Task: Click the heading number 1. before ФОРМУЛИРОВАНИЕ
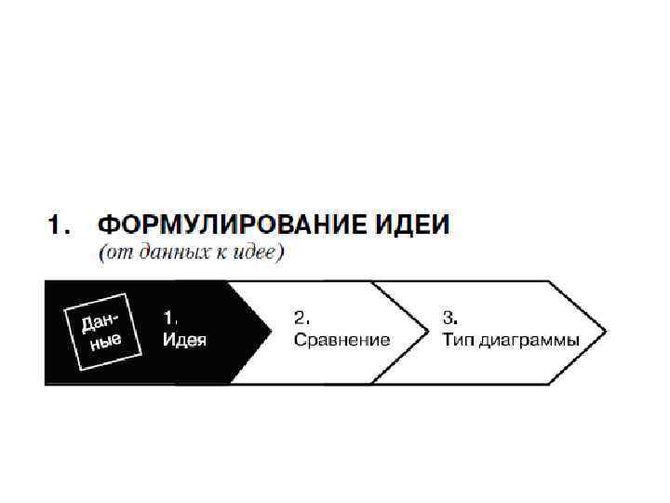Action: point(59,224)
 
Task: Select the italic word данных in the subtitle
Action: point(165,252)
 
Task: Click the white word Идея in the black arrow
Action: point(184,340)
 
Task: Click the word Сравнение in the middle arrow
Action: point(342,340)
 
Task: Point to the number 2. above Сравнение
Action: point(301,317)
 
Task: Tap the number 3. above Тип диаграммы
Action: point(449,317)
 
